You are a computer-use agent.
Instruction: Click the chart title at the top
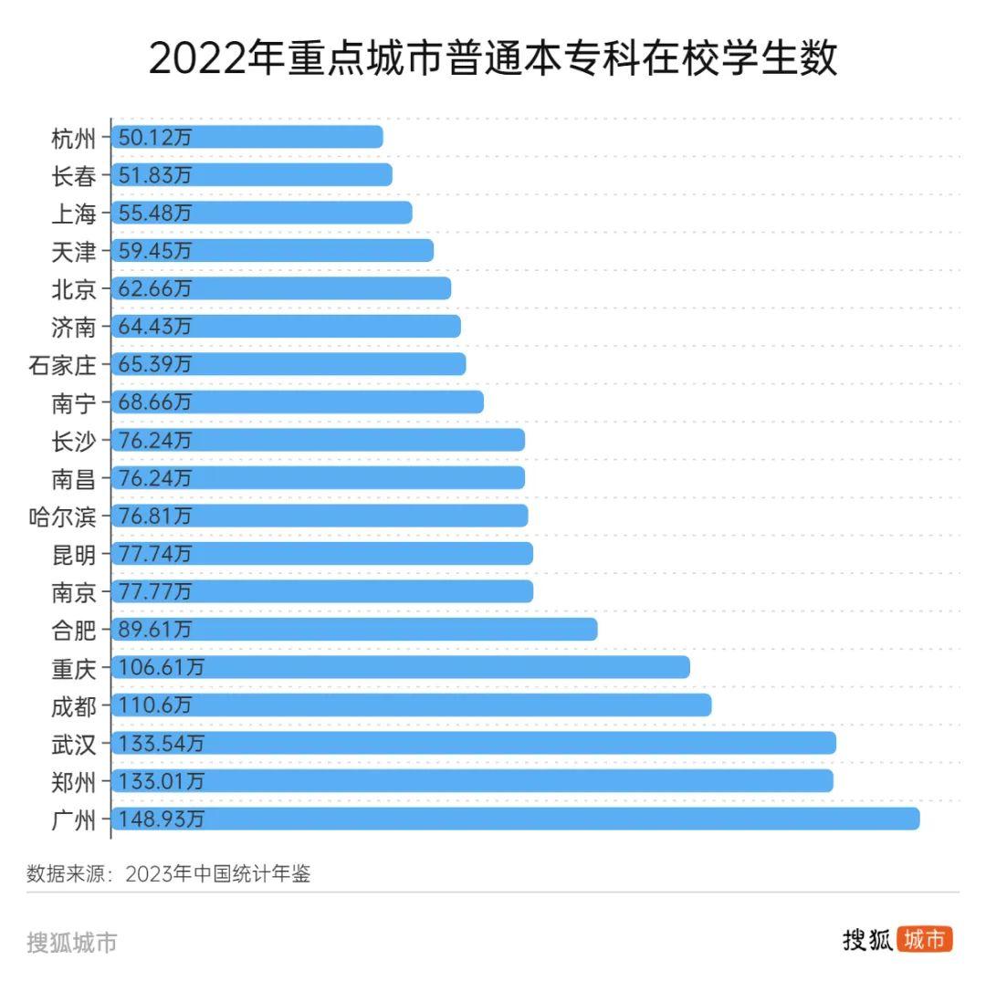click(493, 59)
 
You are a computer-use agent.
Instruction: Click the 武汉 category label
click(74, 744)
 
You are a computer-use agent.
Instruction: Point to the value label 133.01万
click(161, 781)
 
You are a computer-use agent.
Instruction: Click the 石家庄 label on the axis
click(62, 365)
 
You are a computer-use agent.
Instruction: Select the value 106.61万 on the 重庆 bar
click(161, 668)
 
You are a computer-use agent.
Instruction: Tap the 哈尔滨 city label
click(62, 517)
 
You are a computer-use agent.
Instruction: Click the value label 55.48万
click(155, 213)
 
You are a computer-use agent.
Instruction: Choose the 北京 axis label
click(74, 289)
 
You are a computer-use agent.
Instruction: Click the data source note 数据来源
click(169, 873)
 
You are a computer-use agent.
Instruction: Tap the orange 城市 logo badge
click(925, 940)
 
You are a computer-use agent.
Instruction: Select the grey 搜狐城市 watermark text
click(72, 943)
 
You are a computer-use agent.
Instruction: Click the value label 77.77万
click(155, 592)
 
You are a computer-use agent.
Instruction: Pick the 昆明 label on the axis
click(74, 554)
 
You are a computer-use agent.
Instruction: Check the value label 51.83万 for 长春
click(155, 175)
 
